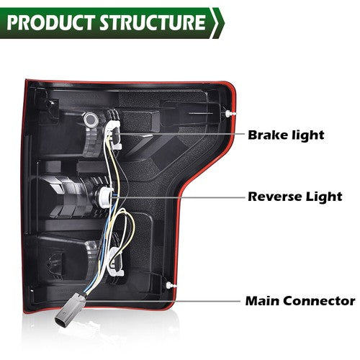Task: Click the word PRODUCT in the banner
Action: pyautogui.click(x=50, y=22)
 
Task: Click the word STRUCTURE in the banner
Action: pyautogui.click(x=153, y=22)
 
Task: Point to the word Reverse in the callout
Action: pyautogui.click(x=274, y=197)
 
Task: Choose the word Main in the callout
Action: pyautogui.click(x=263, y=301)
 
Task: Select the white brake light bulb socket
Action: pyautogui.click(x=113, y=135)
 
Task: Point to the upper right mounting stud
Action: pyautogui.click(x=230, y=113)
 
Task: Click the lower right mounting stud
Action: pyautogui.click(x=171, y=285)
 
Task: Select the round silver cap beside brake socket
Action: pyautogui.click(x=91, y=119)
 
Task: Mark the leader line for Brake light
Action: pyautogui.click(x=181, y=134)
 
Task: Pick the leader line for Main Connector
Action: pyautogui.click(x=162, y=301)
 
